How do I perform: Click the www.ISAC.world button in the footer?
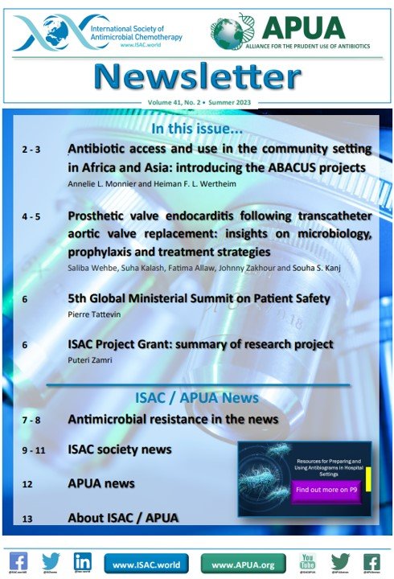pyautogui.click(x=147, y=565)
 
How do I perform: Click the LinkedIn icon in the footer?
pyautogui.click(x=81, y=561)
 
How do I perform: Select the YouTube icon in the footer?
pyautogui.click(x=306, y=561)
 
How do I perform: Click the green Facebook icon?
pyautogui.click(x=371, y=561)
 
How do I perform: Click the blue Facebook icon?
pyautogui.click(x=19, y=561)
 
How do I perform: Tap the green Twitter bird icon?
pyautogui.click(x=340, y=561)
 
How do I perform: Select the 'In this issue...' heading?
pyautogui.click(x=198, y=129)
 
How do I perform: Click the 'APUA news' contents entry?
pyautogui.click(x=101, y=484)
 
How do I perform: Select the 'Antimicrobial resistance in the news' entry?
pyautogui.click(x=173, y=419)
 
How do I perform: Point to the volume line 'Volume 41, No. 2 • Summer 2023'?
pyautogui.click(x=198, y=104)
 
